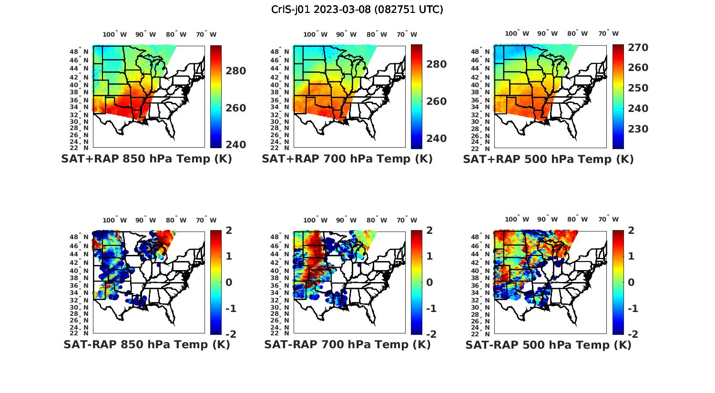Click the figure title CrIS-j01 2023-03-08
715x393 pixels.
(x=357, y=10)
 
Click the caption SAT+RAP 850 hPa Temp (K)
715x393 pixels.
(x=146, y=159)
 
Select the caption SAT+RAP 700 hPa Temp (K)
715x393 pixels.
(x=347, y=159)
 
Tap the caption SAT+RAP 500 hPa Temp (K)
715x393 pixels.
(x=548, y=159)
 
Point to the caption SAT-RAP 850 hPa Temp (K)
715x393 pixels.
(x=146, y=344)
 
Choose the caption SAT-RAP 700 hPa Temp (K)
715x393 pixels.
(x=347, y=344)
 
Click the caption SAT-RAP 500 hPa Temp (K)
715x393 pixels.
(x=548, y=344)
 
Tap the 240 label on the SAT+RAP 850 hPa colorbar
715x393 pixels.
(x=235, y=145)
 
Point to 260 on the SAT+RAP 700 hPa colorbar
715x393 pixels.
(x=436, y=101)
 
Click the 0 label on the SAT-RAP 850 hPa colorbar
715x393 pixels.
(x=228, y=282)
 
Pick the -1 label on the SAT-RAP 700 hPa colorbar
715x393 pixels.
(x=431, y=309)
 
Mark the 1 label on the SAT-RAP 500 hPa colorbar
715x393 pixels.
(x=631, y=256)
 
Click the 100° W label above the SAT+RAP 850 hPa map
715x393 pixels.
(x=115, y=34)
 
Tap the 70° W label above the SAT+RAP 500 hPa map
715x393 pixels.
(x=608, y=34)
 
